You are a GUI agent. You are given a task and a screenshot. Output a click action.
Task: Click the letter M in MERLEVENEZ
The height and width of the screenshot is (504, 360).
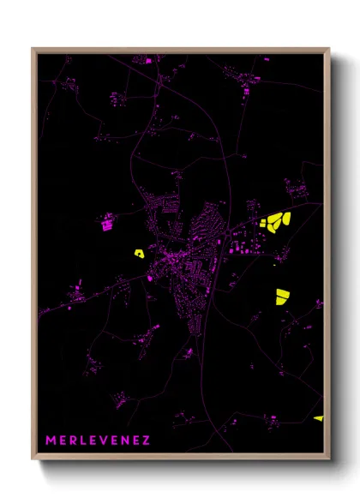click(51, 441)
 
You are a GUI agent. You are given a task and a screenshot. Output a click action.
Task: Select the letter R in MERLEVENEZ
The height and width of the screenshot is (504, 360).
click(74, 441)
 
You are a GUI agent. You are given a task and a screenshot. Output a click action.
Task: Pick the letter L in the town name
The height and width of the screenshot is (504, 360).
click(84, 441)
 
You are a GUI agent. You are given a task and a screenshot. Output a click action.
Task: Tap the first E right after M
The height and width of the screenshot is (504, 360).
click(63, 441)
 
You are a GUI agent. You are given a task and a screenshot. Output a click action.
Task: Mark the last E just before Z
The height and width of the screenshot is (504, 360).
click(136, 441)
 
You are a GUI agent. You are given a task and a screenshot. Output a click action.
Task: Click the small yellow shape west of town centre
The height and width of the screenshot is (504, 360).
click(138, 253)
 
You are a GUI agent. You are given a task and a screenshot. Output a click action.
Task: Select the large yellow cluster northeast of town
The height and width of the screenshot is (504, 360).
click(279, 222)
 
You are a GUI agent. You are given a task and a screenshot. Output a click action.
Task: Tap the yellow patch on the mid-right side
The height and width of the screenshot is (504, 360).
click(281, 296)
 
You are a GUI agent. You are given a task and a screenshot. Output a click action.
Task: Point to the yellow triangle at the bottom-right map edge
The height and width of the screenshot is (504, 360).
click(319, 418)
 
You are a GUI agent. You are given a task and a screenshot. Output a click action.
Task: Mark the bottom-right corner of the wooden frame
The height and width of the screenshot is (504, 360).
click(329, 460)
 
